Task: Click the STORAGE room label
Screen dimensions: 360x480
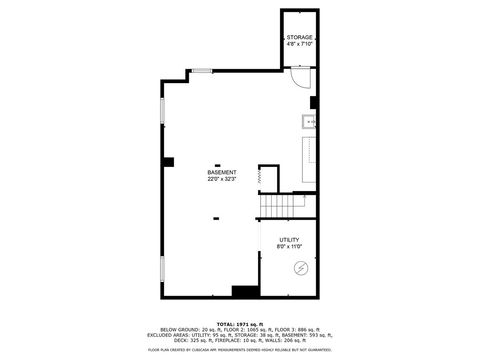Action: pos(299,37)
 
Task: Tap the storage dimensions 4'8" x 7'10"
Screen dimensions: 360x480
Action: pos(299,44)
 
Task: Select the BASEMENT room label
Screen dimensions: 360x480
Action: pos(222,172)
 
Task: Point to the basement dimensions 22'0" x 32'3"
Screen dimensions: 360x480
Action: pos(222,180)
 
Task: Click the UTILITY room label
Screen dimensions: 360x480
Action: pos(290,239)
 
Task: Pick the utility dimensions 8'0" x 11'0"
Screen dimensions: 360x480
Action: pos(290,246)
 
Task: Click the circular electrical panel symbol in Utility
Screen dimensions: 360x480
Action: pos(300,268)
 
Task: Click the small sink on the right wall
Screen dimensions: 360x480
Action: pos(309,123)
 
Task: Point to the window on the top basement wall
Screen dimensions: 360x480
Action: pos(202,70)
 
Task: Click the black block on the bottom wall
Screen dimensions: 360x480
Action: pos(244,291)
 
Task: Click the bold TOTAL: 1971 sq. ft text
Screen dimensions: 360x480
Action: pos(240,324)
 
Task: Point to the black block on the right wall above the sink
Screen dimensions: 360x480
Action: pos(314,102)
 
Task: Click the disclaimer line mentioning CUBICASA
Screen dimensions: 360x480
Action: pos(240,350)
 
